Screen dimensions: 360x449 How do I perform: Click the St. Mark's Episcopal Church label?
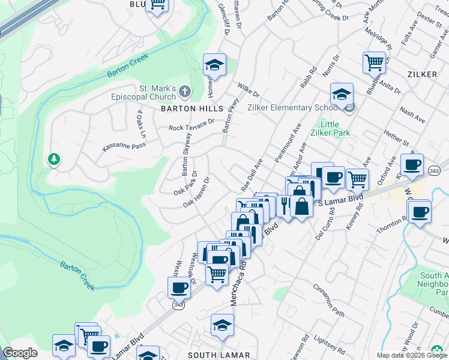tap(143, 92)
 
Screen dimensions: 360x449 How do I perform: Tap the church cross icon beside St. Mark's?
tap(185, 92)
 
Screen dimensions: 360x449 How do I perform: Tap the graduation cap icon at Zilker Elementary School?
tap(342, 94)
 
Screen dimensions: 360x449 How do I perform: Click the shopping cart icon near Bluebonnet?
tap(374, 61)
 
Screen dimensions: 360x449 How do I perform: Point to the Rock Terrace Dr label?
tap(191, 125)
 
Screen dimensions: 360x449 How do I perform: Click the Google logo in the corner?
tap(20, 353)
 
